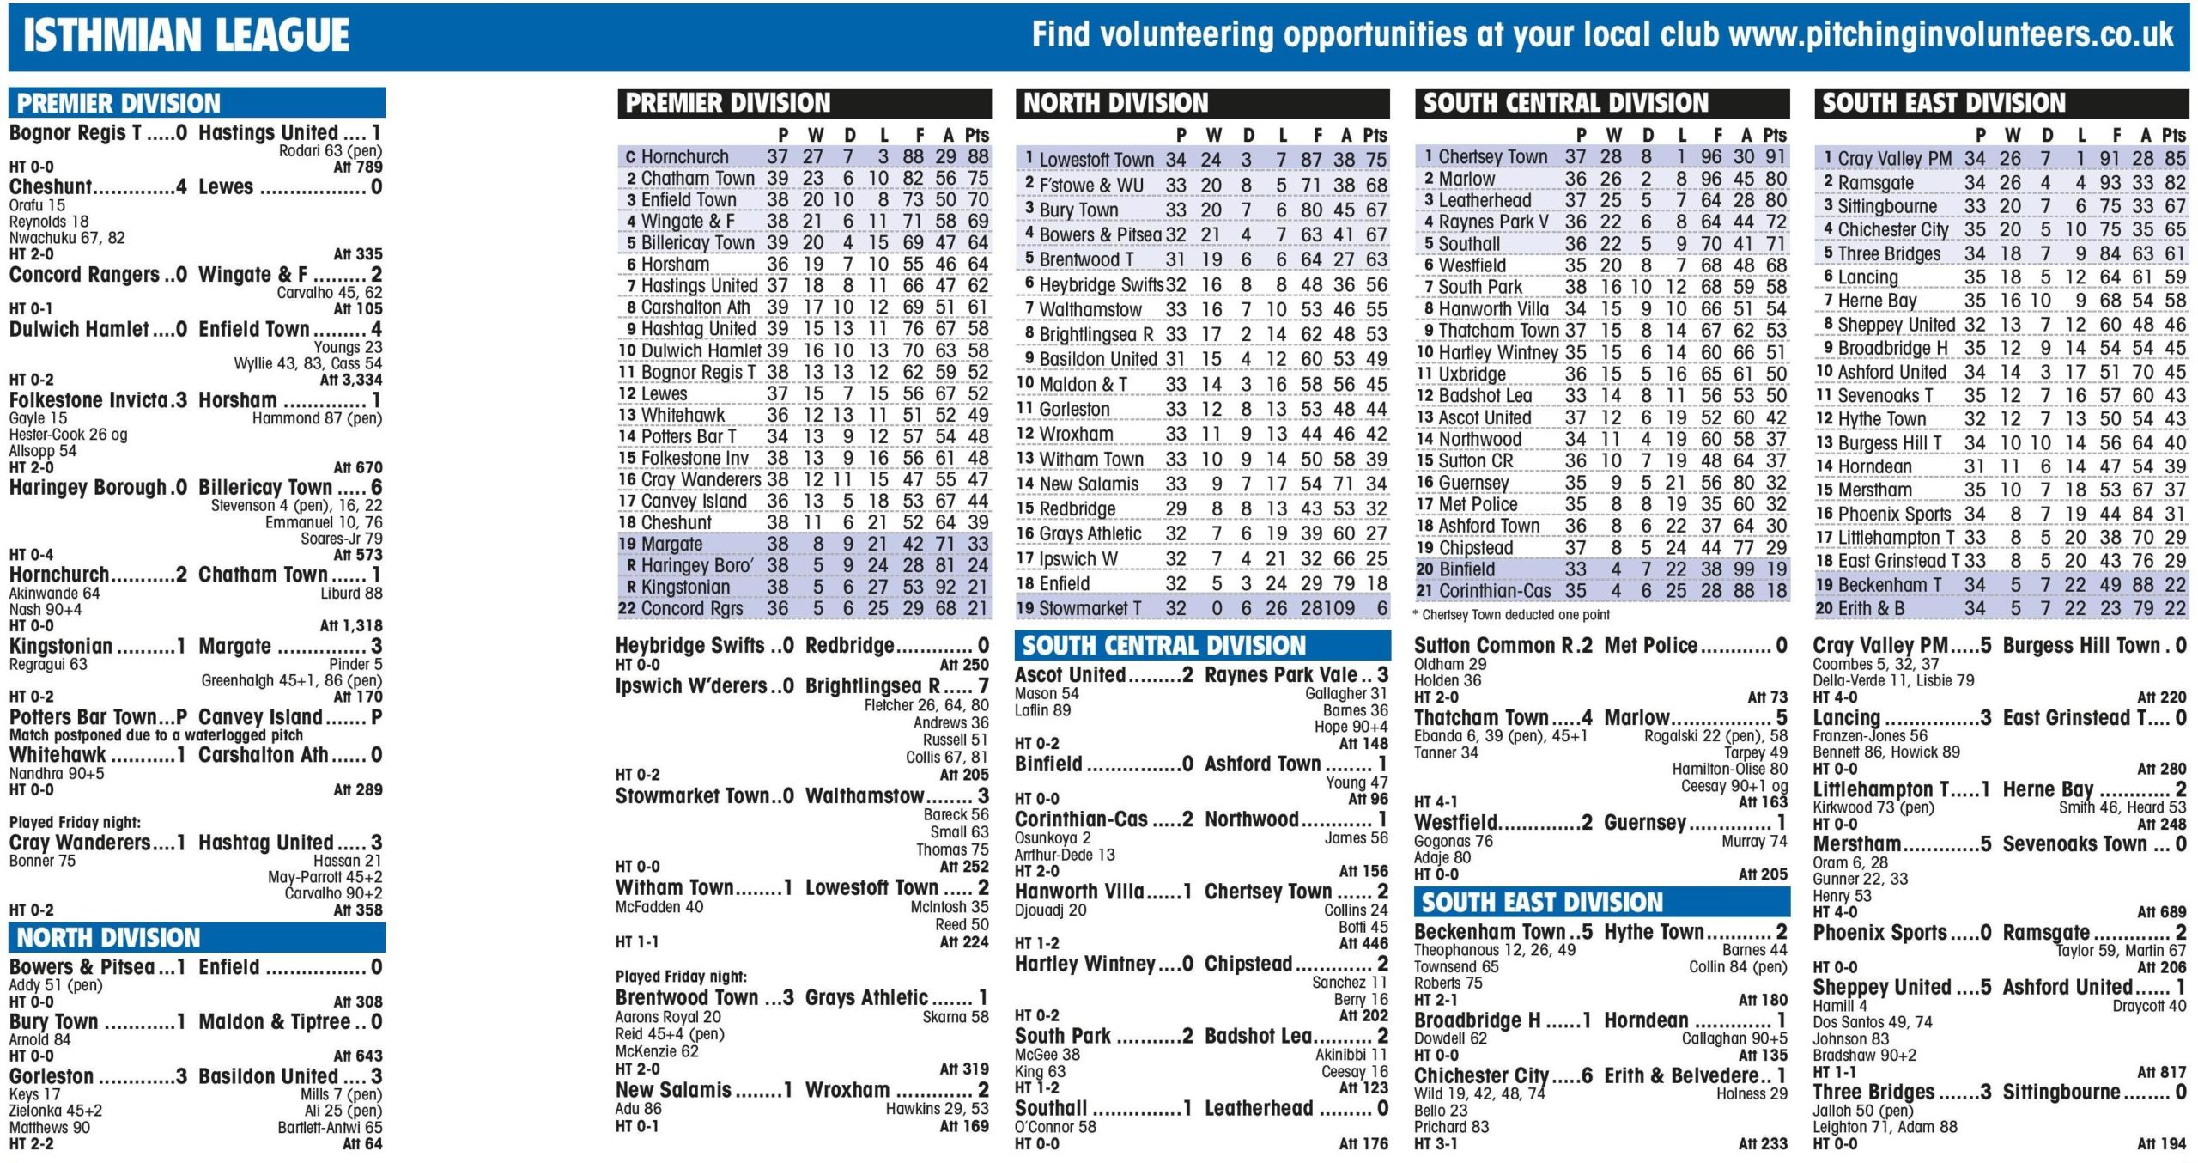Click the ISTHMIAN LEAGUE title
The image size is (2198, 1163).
[x=185, y=36]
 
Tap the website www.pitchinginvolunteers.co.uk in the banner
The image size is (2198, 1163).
[x=1951, y=34]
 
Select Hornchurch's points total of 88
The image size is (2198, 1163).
[x=977, y=156]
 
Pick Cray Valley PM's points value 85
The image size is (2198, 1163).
[x=2174, y=159]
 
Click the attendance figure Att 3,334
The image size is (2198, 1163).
[x=351, y=380]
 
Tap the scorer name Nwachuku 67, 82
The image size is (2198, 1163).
[x=67, y=238]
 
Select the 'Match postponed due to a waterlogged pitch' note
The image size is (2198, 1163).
[x=155, y=736]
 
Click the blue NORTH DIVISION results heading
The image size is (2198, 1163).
[x=108, y=937]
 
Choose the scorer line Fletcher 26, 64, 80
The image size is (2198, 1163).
[x=926, y=705]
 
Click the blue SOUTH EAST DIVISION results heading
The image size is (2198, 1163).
[x=1542, y=903]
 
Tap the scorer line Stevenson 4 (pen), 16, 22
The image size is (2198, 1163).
[x=296, y=506]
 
